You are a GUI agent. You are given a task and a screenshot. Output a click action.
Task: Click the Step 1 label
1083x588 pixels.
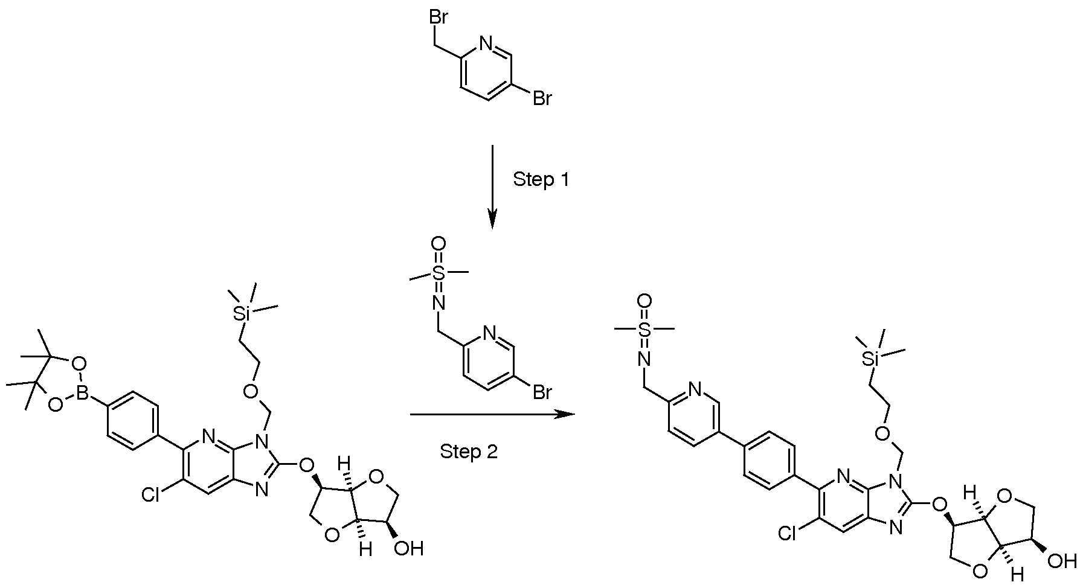pos(541,179)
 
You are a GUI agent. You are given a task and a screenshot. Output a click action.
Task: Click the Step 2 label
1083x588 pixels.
pos(469,451)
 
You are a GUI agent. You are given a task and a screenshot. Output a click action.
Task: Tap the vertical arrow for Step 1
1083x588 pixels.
pos(492,187)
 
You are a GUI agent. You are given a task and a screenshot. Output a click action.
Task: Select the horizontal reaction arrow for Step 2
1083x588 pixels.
pos(492,415)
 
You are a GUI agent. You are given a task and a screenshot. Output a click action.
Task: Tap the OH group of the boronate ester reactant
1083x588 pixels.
pos(410,549)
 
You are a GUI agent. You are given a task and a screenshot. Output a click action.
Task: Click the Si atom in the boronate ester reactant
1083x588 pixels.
pos(244,315)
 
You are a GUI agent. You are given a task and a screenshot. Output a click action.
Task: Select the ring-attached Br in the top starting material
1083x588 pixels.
pos(542,98)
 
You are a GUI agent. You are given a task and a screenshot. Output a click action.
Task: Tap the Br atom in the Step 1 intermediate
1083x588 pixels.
pos(542,393)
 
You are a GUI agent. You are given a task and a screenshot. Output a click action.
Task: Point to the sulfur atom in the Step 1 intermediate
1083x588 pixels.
pos(439,273)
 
